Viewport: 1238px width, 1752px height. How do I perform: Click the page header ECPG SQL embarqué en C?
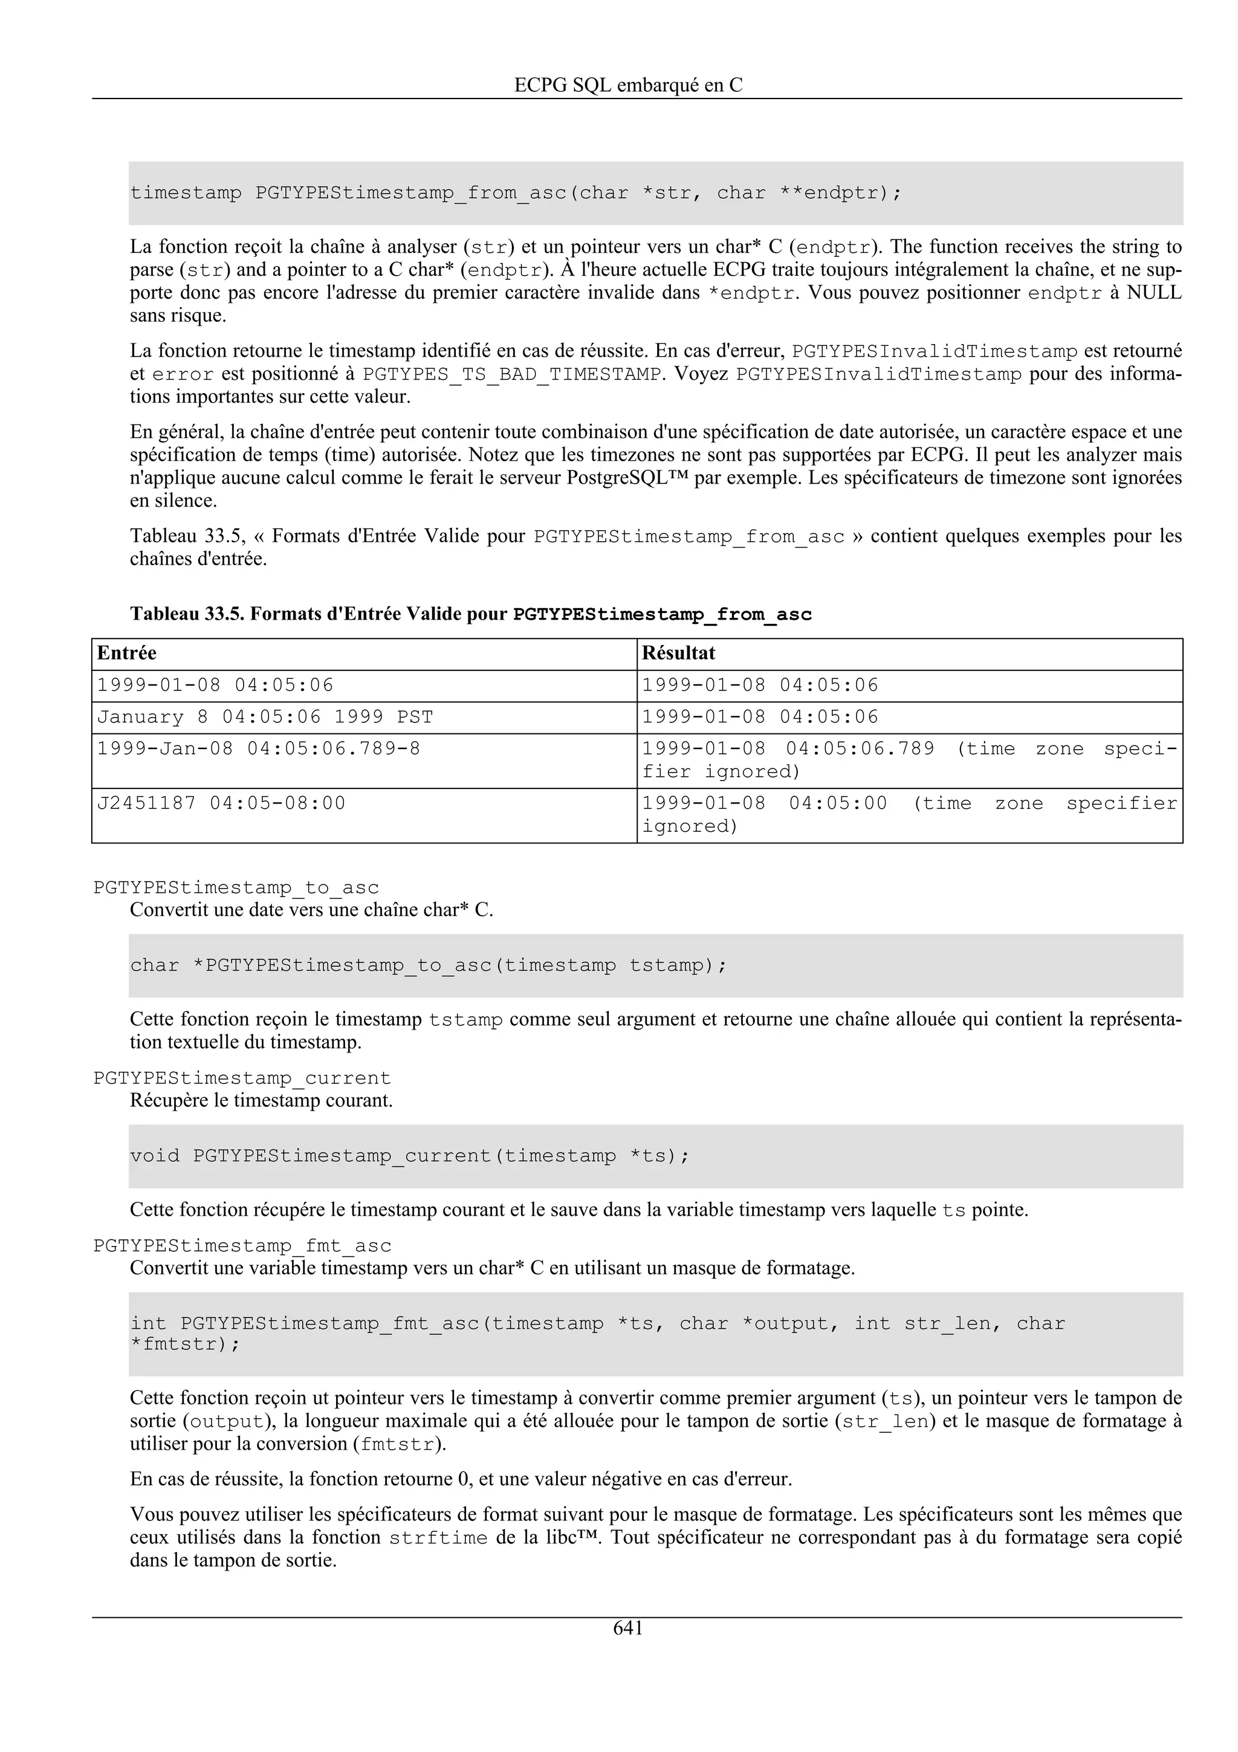tap(628, 85)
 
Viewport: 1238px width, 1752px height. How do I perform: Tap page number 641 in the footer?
tap(628, 1629)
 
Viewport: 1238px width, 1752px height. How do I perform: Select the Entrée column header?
tap(126, 653)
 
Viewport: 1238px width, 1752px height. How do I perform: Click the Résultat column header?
tap(678, 653)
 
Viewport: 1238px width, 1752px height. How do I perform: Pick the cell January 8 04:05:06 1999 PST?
tap(265, 717)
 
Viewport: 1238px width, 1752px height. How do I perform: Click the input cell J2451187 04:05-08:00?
tap(221, 803)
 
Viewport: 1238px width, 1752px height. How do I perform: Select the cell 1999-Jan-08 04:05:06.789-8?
tap(259, 748)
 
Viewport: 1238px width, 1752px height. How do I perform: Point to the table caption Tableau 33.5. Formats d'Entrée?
tap(471, 614)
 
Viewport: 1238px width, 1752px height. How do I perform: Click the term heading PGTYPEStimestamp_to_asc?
tap(236, 888)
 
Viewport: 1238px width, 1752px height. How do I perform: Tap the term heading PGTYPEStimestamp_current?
tap(242, 1078)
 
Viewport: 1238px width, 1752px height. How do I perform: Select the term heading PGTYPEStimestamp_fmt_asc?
tap(242, 1246)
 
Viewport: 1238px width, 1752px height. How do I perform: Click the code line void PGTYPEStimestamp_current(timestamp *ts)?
tap(410, 1156)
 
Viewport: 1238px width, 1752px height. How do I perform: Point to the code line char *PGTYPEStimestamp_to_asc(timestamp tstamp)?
tap(429, 965)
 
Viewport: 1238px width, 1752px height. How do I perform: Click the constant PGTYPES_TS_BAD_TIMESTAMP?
tap(512, 375)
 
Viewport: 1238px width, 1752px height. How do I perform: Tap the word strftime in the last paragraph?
tap(438, 1537)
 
